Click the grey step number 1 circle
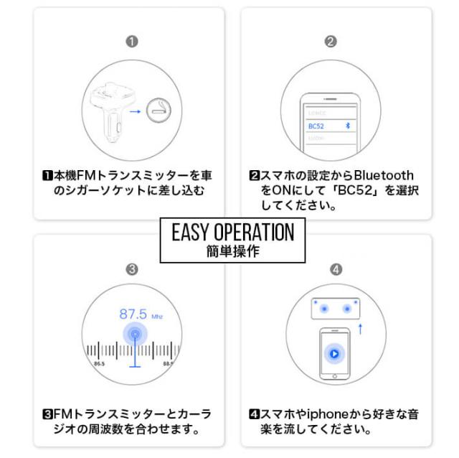(131, 41)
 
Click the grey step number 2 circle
(330, 41)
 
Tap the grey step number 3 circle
(131, 269)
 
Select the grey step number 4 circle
(336, 269)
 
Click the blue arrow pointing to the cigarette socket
(134, 111)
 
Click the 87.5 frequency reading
(133, 314)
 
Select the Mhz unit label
(157, 315)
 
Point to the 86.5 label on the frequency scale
(98, 364)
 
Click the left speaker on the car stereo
(324, 308)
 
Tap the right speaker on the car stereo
(347, 308)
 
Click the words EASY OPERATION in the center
(233, 232)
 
